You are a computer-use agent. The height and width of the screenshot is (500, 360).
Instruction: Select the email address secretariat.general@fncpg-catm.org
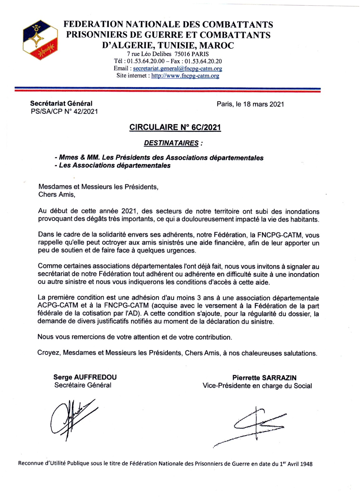tap(177, 68)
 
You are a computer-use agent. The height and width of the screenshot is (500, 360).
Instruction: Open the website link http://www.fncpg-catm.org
tap(185, 76)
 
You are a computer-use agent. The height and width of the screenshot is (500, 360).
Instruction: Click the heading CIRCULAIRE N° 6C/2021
tap(175, 127)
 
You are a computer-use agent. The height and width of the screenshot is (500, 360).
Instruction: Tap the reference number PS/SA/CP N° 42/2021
tap(64, 111)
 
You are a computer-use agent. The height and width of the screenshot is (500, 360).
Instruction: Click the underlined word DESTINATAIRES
tap(171, 143)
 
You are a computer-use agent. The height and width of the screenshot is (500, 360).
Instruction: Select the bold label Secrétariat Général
tap(61, 103)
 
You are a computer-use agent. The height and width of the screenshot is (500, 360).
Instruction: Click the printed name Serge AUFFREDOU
tap(85, 377)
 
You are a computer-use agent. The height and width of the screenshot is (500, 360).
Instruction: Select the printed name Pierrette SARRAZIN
tap(264, 378)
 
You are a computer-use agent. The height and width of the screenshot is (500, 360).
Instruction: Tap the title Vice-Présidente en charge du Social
tap(257, 386)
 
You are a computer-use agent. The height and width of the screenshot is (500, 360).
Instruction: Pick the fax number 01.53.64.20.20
tap(203, 61)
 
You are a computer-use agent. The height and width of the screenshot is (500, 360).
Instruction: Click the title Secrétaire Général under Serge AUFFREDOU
tap(83, 385)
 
